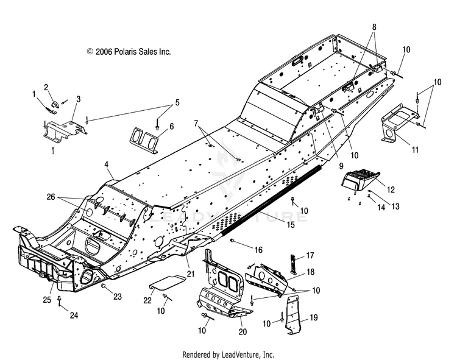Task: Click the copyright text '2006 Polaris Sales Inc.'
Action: pyautogui.click(x=133, y=52)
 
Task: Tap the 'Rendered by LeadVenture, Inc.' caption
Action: pyautogui.click(x=228, y=355)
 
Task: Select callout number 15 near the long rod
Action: pyautogui.click(x=290, y=225)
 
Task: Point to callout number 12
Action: pyautogui.click(x=391, y=189)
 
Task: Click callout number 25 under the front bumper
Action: pyautogui.click(x=47, y=300)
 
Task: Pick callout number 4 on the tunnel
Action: pyautogui.click(x=107, y=164)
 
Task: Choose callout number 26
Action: pyautogui.click(x=51, y=197)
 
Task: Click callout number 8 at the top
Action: pyautogui.click(x=374, y=27)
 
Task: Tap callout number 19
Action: pyautogui.click(x=314, y=317)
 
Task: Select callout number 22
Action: pyautogui.click(x=147, y=300)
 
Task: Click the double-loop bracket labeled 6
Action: pyautogui.click(x=144, y=139)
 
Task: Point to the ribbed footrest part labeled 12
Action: pyautogui.click(x=361, y=180)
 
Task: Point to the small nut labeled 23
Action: pyautogui.click(x=103, y=287)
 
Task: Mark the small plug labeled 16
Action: pyautogui.click(x=233, y=240)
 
